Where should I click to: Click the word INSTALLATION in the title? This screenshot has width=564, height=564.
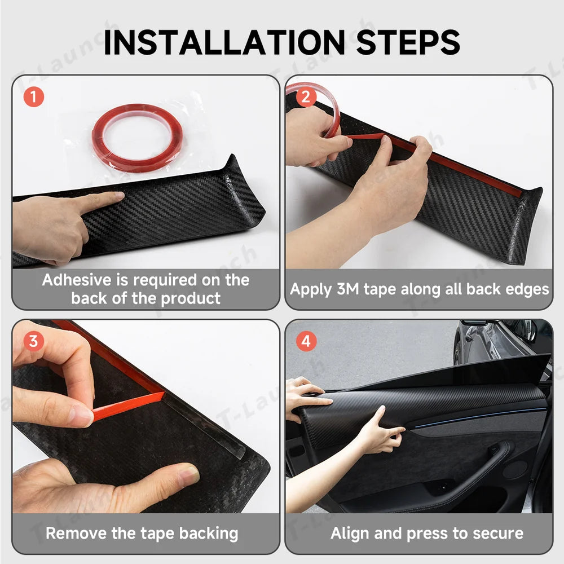pos(224,42)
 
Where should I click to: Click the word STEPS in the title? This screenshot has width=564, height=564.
pos(408,42)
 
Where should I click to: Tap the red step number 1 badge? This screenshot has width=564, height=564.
pos(34,97)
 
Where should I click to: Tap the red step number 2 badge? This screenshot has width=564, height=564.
pos(306,97)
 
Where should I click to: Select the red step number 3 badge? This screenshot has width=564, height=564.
pos(33,341)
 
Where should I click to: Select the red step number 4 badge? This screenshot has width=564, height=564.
pos(306,341)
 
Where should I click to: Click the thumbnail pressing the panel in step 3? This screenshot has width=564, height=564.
pos(188,474)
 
